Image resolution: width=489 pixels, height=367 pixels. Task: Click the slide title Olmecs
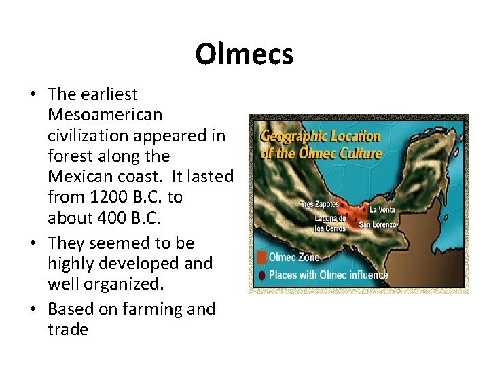click(244, 54)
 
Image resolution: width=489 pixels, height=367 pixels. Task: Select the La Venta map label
click(381, 209)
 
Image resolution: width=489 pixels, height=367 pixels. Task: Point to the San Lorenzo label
click(375, 224)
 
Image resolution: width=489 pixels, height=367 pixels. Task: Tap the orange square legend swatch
click(261, 258)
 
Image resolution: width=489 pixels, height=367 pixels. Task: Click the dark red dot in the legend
click(261, 275)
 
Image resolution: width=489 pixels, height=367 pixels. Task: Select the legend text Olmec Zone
click(294, 258)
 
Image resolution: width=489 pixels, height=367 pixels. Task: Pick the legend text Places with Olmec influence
click(329, 275)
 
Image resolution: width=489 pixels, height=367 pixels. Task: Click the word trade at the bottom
click(68, 330)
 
